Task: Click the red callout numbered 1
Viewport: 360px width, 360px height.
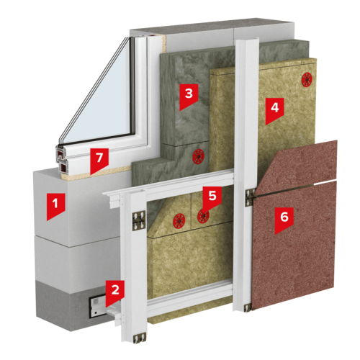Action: (55, 206)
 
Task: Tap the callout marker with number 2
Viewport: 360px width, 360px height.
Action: (115, 293)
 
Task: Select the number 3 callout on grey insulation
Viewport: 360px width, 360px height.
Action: (189, 96)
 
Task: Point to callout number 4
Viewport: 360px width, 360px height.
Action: (274, 110)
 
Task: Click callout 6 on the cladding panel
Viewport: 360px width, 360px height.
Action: (284, 220)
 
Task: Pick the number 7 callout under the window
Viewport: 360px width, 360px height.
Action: (99, 161)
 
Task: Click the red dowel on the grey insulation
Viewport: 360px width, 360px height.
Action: (199, 156)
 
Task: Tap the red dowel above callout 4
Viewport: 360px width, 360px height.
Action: (307, 80)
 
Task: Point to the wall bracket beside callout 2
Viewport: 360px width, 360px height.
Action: (99, 307)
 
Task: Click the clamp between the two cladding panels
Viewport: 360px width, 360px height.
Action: (251, 197)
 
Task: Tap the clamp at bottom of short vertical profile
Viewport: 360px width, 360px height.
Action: (139, 338)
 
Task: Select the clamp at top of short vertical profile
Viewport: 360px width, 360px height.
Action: (139, 220)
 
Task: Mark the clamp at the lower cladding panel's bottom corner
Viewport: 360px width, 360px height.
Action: (248, 307)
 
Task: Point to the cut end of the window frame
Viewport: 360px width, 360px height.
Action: (62, 160)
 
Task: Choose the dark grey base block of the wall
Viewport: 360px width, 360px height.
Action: (72, 305)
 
